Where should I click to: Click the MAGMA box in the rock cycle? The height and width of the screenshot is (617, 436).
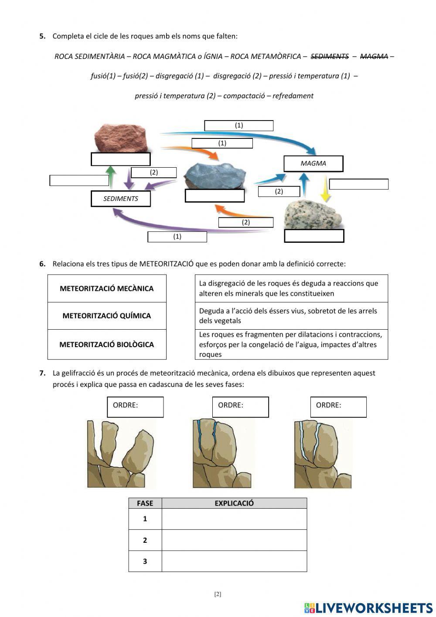coord(313,163)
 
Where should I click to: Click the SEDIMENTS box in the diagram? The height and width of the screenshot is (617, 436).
coord(120,199)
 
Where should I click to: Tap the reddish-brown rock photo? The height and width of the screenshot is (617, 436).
coord(120,137)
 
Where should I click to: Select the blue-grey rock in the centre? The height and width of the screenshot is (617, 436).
coord(215,175)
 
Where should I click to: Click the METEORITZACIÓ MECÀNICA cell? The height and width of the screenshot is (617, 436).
coord(107,289)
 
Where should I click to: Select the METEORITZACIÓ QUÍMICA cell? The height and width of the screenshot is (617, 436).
coord(107,316)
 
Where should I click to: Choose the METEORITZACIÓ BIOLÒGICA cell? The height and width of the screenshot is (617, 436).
coord(107,345)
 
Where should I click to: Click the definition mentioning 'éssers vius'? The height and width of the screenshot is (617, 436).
coord(291,316)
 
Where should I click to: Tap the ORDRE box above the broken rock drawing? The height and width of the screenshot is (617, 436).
coord(135,407)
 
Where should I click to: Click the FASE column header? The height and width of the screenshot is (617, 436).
coord(145,503)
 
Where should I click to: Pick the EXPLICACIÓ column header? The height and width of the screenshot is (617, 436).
coord(234,503)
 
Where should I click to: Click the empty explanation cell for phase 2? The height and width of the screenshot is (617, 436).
coord(234,540)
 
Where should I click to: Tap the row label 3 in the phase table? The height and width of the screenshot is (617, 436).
coord(145,562)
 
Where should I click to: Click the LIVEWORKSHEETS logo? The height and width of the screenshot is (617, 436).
coord(368,607)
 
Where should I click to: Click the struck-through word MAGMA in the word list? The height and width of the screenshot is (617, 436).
coord(374,56)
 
